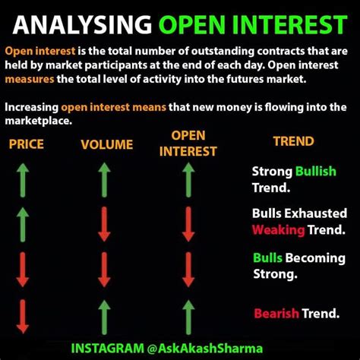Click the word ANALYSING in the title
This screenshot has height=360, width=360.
(82, 24)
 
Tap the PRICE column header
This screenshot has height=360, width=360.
(27, 144)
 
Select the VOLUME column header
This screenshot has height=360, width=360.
(107, 144)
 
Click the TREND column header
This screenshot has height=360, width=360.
(294, 141)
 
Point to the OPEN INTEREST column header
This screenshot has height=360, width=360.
(188, 144)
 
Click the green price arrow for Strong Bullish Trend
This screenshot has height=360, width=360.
(23, 180)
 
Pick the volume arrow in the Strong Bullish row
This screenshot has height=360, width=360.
(104, 180)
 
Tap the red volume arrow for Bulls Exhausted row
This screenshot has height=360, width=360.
(104, 224)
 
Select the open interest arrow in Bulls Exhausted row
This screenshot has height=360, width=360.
(188, 224)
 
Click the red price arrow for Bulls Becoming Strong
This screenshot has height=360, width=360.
(23, 270)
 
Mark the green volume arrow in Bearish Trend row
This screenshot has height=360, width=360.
(104, 317)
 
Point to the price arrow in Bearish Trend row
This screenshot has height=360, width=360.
(23, 317)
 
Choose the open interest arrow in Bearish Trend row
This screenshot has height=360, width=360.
(188, 317)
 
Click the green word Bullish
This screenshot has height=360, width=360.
(316, 172)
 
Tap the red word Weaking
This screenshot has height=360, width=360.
(279, 230)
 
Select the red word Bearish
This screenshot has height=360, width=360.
(276, 314)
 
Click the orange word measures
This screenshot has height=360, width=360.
(30, 79)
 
